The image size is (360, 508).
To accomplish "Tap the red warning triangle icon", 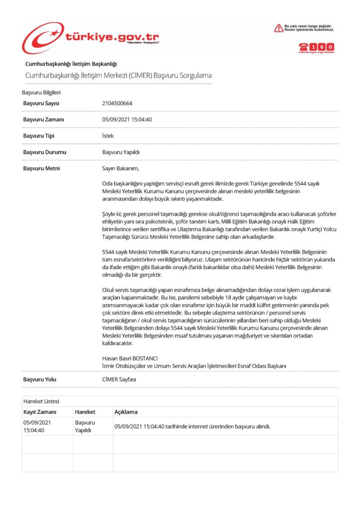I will pyautogui.click(x=279, y=28).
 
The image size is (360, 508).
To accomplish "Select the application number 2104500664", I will pyautogui.click(x=117, y=103).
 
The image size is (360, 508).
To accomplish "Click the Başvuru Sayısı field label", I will pyautogui.click(x=41, y=103).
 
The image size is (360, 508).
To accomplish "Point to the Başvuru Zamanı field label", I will pyautogui.click(x=44, y=120).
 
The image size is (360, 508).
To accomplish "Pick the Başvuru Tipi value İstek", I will pyautogui.click(x=108, y=136).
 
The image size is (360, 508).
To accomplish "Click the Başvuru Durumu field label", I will pyautogui.click(x=45, y=152).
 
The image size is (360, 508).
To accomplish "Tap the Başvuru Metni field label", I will pyautogui.click(x=42, y=168).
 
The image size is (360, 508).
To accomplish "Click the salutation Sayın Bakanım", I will pyautogui.click(x=117, y=168).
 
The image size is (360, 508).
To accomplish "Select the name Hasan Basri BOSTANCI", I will pyautogui.click(x=130, y=358).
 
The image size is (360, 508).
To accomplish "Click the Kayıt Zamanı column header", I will pyautogui.click(x=40, y=412).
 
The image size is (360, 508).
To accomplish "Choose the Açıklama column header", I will pyautogui.click(x=126, y=412).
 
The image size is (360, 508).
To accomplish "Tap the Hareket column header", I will pyautogui.click(x=85, y=412).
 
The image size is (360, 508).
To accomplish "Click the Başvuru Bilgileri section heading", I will pyautogui.click(x=41, y=92).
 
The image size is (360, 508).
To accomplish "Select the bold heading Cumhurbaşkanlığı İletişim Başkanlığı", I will pyautogui.click(x=71, y=63).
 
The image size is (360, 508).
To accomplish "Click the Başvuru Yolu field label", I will pyautogui.click(x=40, y=380).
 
